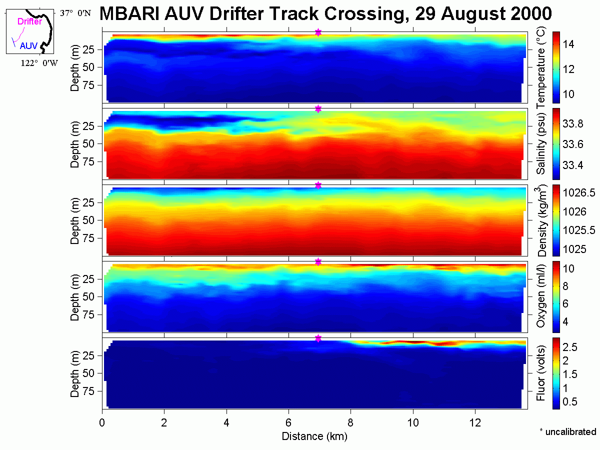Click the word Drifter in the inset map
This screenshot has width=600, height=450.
click(x=29, y=21)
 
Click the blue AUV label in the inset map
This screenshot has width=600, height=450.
click(x=28, y=45)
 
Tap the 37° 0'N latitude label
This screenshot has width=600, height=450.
click(x=75, y=13)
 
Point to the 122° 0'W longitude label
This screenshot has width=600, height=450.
click(x=39, y=63)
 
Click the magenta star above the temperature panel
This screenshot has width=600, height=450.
click(x=318, y=32)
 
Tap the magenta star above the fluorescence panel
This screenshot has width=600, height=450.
click(x=318, y=338)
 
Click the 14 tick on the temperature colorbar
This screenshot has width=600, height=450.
click(x=568, y=44)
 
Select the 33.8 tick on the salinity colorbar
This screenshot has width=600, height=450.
click(x=572, y=124)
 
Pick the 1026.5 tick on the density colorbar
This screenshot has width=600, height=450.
click(x=578, y=193)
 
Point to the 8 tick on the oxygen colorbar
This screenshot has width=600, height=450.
click(x=565, y=286)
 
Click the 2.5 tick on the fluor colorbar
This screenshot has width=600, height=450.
click(x=570, y=347)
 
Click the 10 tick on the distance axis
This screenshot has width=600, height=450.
click(x=413, y=422)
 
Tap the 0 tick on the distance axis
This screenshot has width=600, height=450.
click(x=102, y=422)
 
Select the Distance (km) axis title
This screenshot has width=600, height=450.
click(x=314, y=436)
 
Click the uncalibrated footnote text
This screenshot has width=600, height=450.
click(x=568, y=431)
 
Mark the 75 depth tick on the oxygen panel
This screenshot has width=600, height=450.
click(x=88, y=314)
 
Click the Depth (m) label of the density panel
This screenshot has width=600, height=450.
click(x=74, y=220)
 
